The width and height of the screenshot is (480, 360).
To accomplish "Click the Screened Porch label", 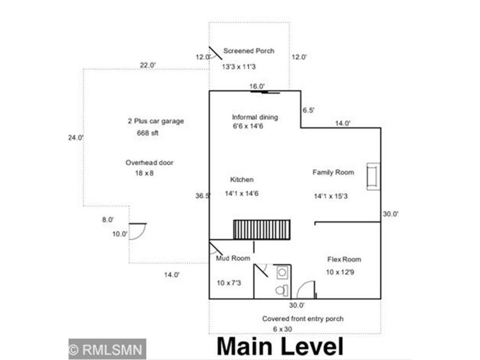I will pyautogui.click(x=248, y=51).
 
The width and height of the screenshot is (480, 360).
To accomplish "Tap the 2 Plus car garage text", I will pyautogui.click(x=156, y=121).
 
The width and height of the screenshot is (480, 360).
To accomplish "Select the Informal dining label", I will pyautogui.click(x=255, y=117).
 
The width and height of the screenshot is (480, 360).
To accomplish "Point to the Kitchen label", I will pyautogui.click(x=242, y=180).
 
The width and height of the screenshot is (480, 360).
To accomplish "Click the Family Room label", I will pyautogui.click(x=333, y=172).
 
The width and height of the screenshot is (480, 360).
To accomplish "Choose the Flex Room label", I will pyautogui.click(x=344, y=259).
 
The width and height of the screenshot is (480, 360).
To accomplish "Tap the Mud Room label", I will pyautogui.click(x=233, y=258).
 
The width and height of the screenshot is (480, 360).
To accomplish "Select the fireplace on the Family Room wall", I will pyautogui.click(x=374, y=177).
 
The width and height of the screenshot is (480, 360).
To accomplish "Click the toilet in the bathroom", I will pyautogui.click(x=281, y=290).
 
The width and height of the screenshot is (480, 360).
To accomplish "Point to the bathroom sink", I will pyautogui.click(x=282, y=272).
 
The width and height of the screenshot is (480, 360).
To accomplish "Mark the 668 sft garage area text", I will pyautogui.click(x=148, y=133).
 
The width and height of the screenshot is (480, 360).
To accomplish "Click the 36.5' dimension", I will pyautogui.click(x=202, y=196).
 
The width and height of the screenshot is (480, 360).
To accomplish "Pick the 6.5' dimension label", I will pyautogui.click(x=308, y=111).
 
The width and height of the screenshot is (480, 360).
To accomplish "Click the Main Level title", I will pyautogui.click(x=280, y=346).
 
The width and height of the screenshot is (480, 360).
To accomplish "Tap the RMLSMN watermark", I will pyautogui.click(x=107, y=349).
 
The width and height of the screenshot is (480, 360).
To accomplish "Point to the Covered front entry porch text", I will pyautogui.click(x=302, y=319).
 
